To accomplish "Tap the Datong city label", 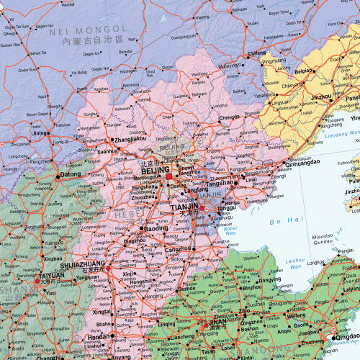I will pyautogui.click(x=71, y=174).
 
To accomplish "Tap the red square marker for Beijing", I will pyautogui.click(x=168, y=176).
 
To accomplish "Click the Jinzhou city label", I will pyautogui.click(x=320, y=95).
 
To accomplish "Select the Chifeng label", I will pyautogui.click(x=256, y=53).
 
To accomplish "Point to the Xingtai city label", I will pyautogui.click(x=101, y=312).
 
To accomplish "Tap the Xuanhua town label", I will pyautogui.click(x=108, y=151).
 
